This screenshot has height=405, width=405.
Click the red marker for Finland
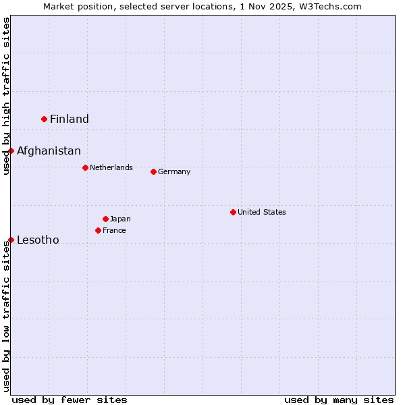click(x=45, y=119)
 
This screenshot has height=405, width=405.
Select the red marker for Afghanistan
click(x=11, y=151)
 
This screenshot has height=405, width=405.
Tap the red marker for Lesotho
click(x=11, y=240)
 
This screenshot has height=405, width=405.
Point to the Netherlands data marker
click(x=85, y=167)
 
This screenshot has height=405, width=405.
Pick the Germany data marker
click(x=153, y=171)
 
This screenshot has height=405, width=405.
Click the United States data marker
click(x=233, y=212)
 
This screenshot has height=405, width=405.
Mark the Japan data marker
click(x=105, y=219)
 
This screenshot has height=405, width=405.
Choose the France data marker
click(x=98, y=230)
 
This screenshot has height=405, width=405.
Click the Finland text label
click(x=70, y=119)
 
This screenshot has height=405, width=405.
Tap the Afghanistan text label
click(x=49, y=151)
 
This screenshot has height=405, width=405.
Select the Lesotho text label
click(x=38, y=240)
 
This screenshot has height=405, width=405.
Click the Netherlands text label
click(x=111, y=167)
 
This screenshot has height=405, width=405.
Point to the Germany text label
click(x=174, y=171)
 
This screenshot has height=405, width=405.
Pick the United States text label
click(x=262, y=212)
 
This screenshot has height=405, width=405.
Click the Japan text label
click(x=120, y=219)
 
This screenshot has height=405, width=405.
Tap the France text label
click(x=114, y=230)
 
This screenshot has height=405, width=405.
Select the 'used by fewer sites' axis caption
click(x=70, y=400)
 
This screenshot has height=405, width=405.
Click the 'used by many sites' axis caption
click(x=339, y=400)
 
